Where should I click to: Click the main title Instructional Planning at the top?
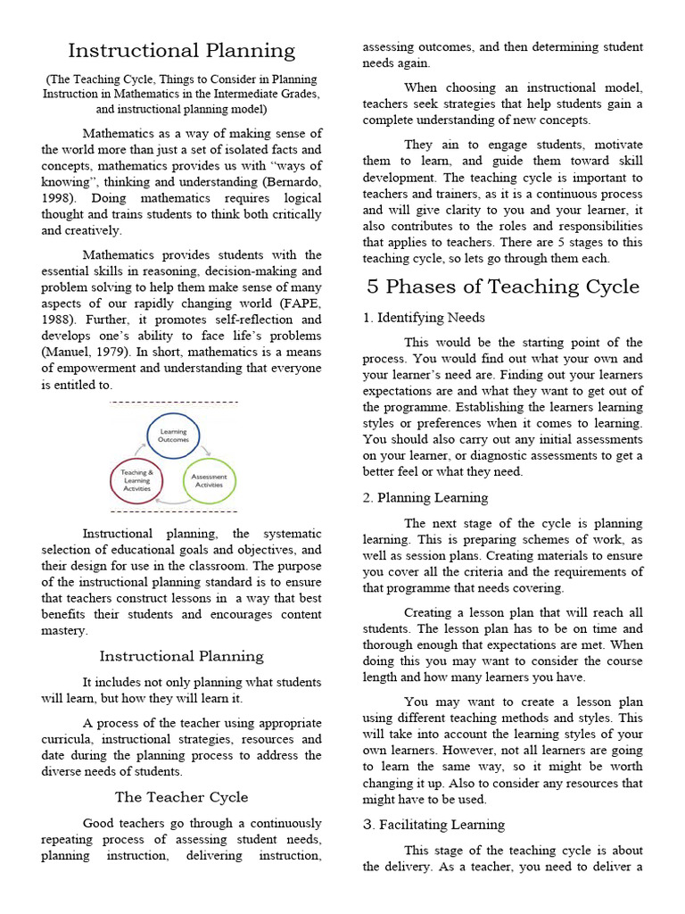(x=181, y=51)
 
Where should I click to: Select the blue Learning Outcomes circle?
(x=173, y=435)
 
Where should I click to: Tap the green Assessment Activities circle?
(x=210, y=481)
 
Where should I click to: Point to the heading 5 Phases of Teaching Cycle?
(x=504, y=287)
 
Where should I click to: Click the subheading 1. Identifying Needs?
(x=424, y=318)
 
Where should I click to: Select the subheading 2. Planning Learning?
(x=425, y=498)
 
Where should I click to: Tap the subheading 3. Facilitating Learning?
(x=433, y=825)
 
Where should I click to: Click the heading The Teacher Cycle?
(x=181, y=797)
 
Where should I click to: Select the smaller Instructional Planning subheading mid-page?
(x=181, y=656)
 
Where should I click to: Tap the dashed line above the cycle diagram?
(x=174, y=403)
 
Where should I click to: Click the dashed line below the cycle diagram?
(x=174, y=512)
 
